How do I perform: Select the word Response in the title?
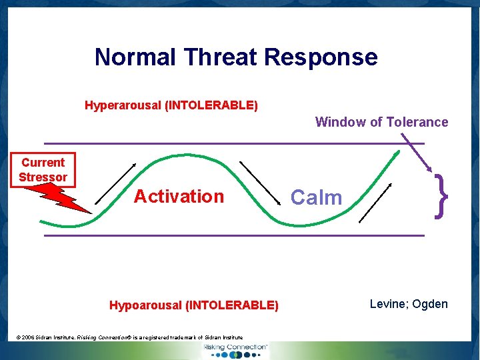tap(321, 57)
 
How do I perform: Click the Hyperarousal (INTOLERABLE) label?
tap(171, 105)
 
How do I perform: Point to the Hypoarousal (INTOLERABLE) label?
tap(194, 305)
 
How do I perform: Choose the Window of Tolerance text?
tap(381, 122)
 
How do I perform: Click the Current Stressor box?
tap(43, 170)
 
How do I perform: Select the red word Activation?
tap(179, 197)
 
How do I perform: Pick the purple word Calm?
tap(317, 197)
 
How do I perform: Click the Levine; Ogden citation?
tap(409, 304)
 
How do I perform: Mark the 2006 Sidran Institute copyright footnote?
tap(129, 337)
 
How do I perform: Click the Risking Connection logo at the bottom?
tap(235, 350)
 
